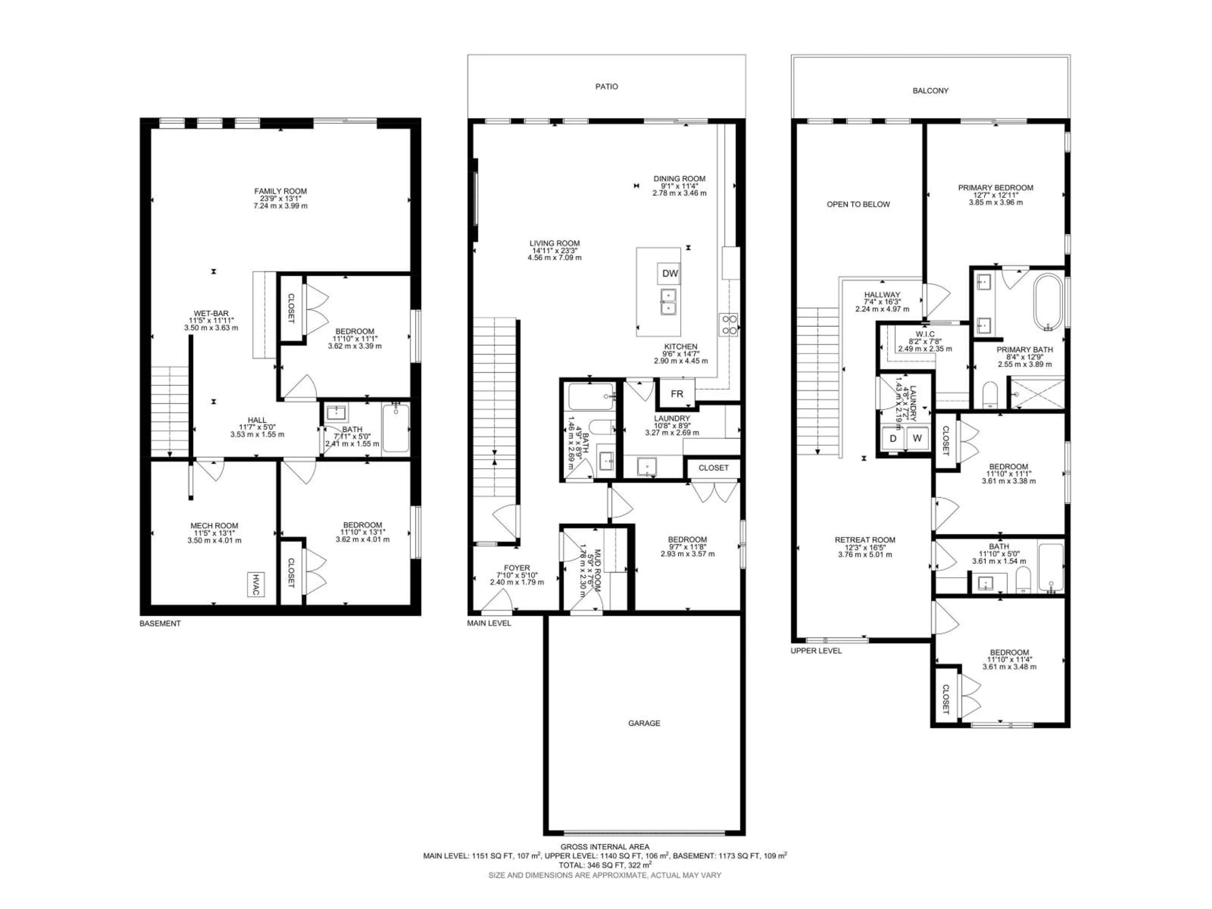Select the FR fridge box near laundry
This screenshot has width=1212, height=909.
pyautogui.click(x=677, y=393)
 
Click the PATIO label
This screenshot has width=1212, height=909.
pyautogui.click(x=607, y=86)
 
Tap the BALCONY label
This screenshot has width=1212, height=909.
pyautogui.click(x=930, y=90)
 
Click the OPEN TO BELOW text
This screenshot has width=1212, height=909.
pyautogui.click(x=858, y=205)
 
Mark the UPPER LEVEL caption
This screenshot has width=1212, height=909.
pyautogui.click(x=816, y=651)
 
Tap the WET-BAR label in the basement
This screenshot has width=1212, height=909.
pyautogui.click(x=211, y=313)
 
